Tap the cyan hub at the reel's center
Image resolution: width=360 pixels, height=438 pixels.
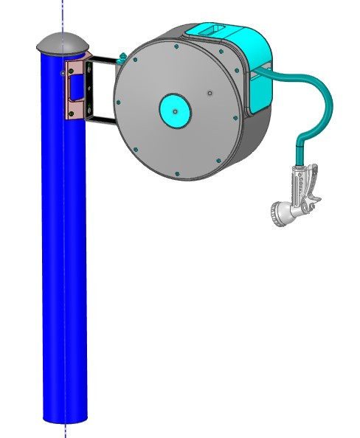point(176,111)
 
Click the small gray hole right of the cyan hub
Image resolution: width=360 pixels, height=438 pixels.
point(210,93)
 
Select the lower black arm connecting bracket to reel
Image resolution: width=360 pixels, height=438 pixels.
point(103,119)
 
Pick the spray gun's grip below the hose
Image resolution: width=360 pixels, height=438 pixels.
point(300,184)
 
